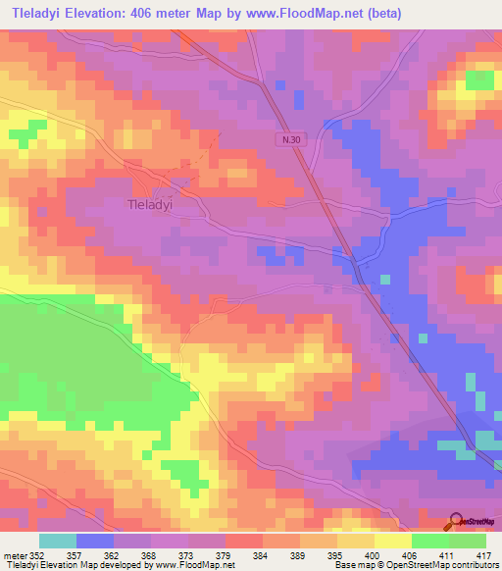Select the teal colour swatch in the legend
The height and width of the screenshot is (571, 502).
tap(58, 541)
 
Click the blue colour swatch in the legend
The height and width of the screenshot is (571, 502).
tap(95, 541)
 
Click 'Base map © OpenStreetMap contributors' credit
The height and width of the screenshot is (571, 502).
tap(415, 565)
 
